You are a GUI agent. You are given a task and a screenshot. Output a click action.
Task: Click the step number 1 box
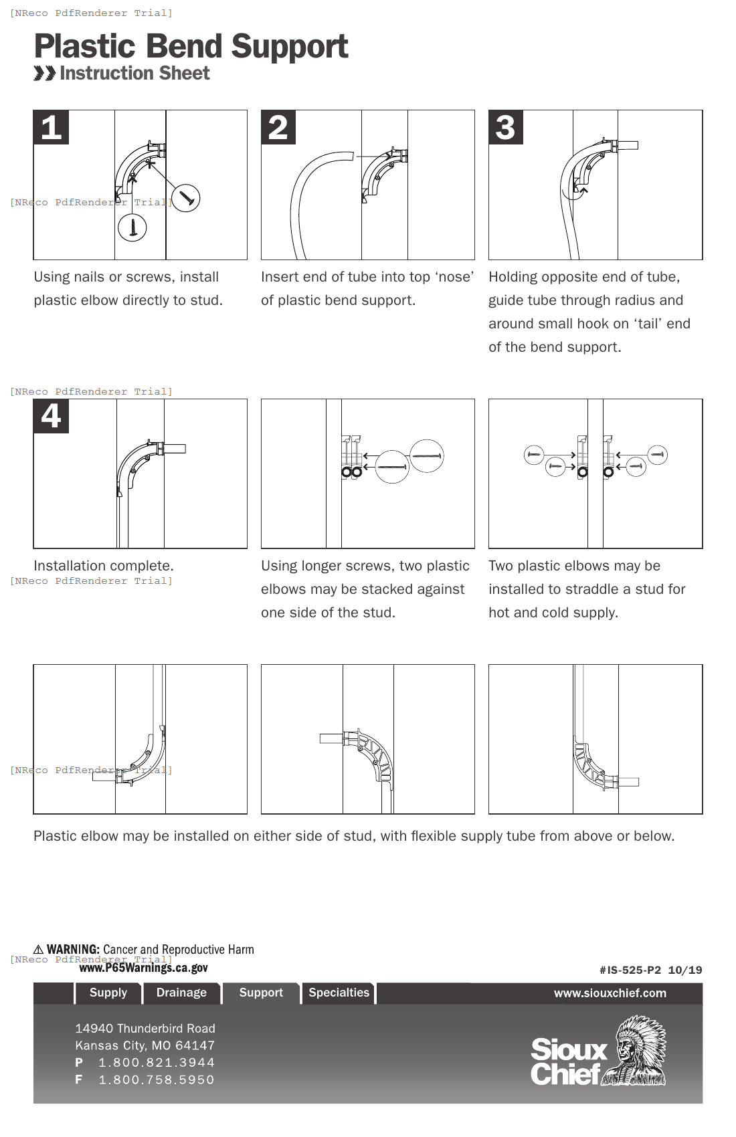[51, 128]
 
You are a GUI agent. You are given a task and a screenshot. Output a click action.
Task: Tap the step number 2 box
[278, 128]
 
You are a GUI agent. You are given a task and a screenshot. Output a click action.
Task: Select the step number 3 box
[506, 128]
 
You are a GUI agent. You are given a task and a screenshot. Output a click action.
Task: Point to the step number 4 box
[51, 416]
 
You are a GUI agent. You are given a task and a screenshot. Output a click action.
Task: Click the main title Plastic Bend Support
[191, 47]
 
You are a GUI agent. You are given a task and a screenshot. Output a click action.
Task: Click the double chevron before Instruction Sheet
[45, 73]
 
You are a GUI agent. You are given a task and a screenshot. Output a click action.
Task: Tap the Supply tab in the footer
[108, 993]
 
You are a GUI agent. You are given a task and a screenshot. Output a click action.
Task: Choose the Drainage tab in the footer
[181, 993]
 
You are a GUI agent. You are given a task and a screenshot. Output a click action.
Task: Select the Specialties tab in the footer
[339, 993]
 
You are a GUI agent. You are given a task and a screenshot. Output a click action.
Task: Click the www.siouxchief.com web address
[610, 993]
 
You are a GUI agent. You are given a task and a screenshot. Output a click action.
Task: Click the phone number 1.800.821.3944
[157, 1062]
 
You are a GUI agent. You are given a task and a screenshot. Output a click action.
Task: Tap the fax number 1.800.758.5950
[157, 1079]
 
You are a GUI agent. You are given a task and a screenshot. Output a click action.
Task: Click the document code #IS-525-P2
[630, 970]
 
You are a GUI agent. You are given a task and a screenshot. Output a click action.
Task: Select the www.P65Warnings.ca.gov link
[143, 968]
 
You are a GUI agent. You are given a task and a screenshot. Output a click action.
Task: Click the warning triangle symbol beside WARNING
[39, 950]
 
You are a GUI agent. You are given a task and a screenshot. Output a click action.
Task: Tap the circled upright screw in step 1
[132, 227]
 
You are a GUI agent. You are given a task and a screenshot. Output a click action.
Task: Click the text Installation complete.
[104, 566]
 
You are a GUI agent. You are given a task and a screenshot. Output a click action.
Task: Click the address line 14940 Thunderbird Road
[145, 1029]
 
